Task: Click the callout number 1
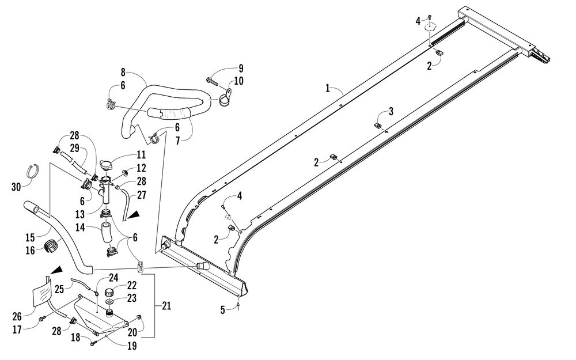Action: click(328, 88)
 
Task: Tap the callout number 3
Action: click(391, 111)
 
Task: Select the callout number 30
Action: click(16, 187)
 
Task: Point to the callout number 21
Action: click(166, 306)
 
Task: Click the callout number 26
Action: click(17, 316)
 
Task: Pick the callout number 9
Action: click(241, 69)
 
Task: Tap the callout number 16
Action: click(30, 251)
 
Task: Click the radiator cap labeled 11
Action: click(107, 165)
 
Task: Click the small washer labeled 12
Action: click(124, 172)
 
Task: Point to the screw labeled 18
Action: click(93, 343)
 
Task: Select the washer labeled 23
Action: click(109, 301)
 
